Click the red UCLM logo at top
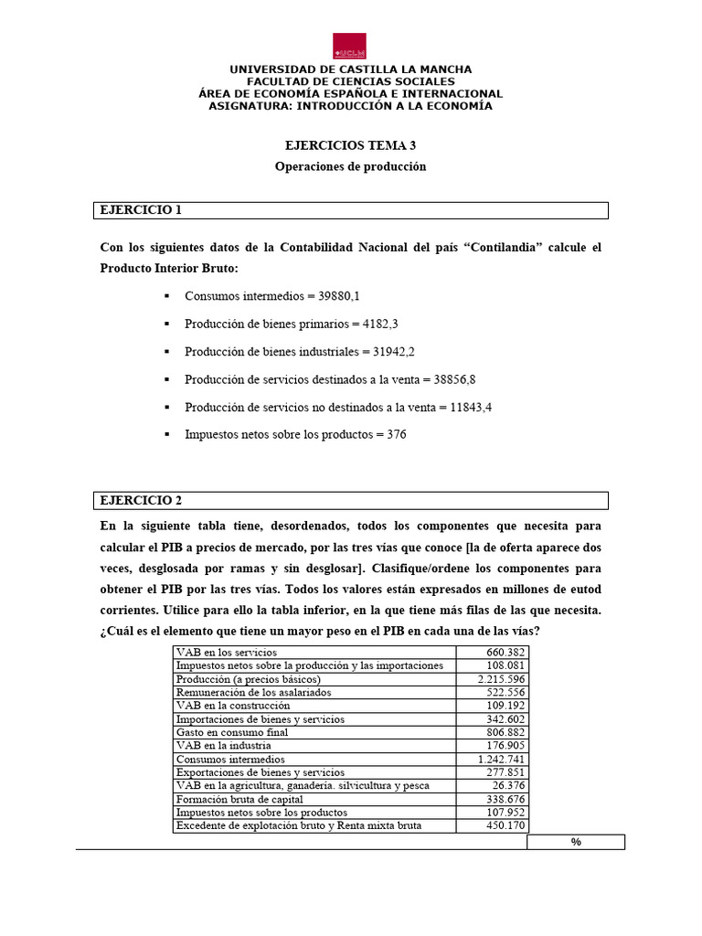click(x=350, y=46)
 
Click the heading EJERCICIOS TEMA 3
click(x=350, y=145)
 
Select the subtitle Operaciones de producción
click(x=351, y=167)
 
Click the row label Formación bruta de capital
click(x=235, y=799)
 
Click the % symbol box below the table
click(x=576, y=842)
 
